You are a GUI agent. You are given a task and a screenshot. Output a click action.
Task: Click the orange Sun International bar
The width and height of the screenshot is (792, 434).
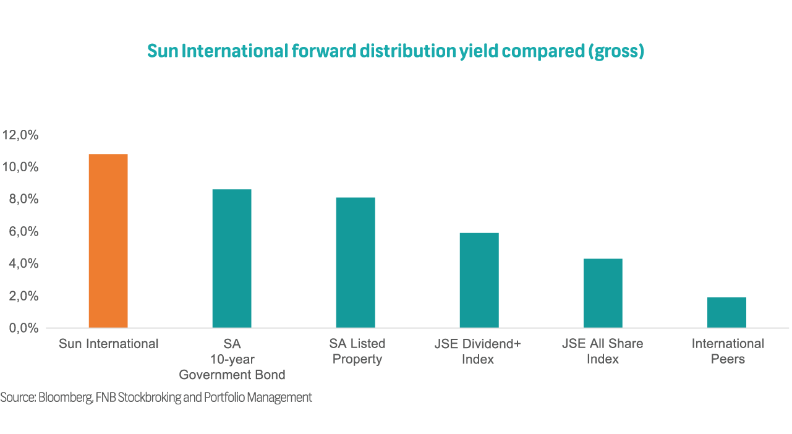coord(108,240)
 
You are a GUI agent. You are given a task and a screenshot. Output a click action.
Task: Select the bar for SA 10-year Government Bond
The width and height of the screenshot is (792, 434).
coord(232,258)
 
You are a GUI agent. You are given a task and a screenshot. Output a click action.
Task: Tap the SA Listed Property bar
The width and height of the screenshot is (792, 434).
coord(356,262)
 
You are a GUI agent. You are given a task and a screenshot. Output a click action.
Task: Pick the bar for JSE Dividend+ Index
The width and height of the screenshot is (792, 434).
coord(479,280)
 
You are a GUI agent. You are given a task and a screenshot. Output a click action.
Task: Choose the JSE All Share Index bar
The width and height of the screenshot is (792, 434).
coord(603,293)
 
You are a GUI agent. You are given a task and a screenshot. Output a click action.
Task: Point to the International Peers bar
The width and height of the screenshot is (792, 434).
coord(726,312)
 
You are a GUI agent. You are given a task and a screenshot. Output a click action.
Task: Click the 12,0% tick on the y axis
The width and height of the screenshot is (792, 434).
coord(20,135)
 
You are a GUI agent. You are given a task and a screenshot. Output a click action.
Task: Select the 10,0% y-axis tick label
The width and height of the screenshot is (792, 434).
coord(20,167)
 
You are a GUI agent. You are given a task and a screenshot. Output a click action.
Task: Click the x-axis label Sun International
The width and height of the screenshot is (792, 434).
coord(109,344)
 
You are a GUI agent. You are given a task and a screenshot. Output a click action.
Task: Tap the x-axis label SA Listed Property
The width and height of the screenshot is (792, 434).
coord(358,351)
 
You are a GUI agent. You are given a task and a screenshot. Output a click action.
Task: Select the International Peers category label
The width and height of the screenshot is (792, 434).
coord(728,351)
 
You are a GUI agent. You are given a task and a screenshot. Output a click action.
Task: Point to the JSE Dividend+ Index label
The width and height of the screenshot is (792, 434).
coord(478,351)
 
